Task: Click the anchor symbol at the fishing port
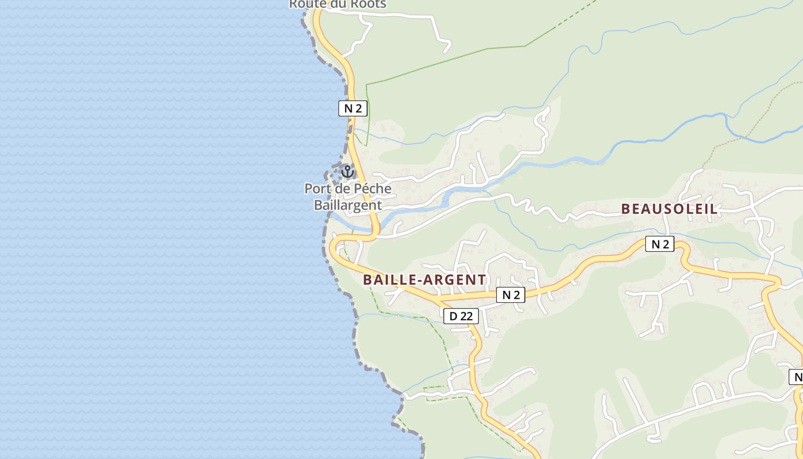pyautogui.click(x=347, y=171)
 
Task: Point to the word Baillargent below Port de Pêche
pyautogui.click(x=348, y=205)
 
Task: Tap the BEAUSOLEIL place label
pyautogui.click(x=669, y=209)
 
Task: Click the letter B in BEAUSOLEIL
pyautogui.click(x=626, y=209)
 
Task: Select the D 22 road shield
pyautogui.click(x=461, y=316)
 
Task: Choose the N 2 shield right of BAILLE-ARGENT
pyautogui.click(x=510, y=295)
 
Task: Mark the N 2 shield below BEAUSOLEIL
pyautogui.click(x=660, y=244)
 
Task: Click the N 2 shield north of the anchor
pyautogui.click(x=352, y=108)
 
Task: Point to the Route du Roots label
pyautogui.click(x=337, y=4)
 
